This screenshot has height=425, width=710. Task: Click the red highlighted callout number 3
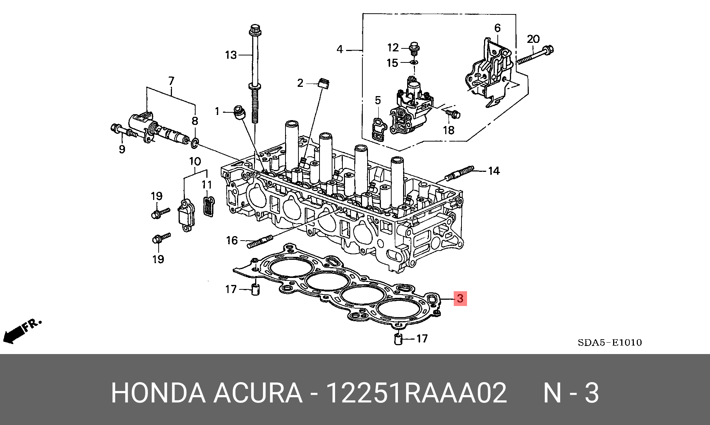(x=460, y=298)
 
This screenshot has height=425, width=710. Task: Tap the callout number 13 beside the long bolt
(x=231, y=55)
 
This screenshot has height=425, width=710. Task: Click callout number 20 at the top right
(x=533, y=39)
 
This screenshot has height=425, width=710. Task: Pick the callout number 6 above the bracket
(x=497, y=28)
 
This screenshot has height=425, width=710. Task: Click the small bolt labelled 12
(x=415, y=48)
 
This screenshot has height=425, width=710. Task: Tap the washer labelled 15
(x=415, y=62)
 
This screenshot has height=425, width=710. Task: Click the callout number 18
(x=449, y=130)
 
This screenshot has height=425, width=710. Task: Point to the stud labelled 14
(x=459, y=173)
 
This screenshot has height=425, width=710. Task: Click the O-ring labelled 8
(x=195, y=142)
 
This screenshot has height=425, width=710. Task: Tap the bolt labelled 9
(x=122, y=130)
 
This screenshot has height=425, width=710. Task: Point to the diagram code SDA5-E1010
(x=610, y=343)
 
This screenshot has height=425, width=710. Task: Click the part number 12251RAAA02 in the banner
(x=416, y=392)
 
